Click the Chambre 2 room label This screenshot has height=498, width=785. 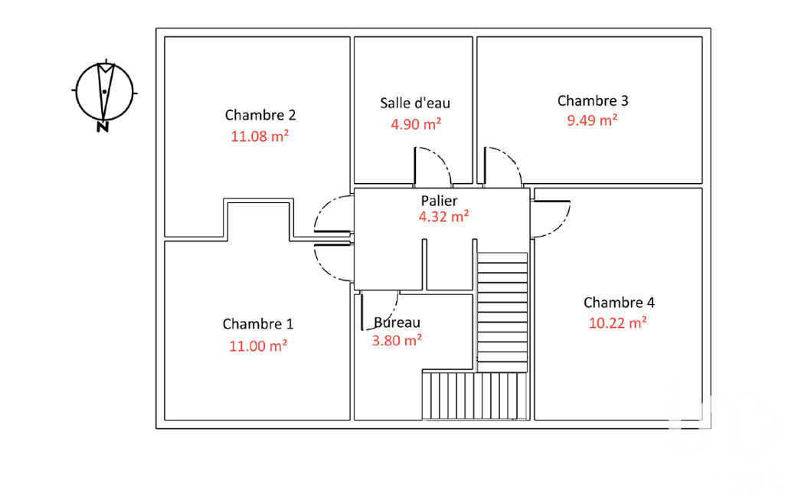260,115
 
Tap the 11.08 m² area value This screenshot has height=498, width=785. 260,136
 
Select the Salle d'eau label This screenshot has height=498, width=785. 415,103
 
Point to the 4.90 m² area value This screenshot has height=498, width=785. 416,124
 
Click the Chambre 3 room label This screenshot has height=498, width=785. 593,100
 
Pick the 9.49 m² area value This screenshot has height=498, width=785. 592,120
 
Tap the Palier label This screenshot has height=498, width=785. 439,201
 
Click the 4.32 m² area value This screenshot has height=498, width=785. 444,216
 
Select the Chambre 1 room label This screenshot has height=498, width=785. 258,324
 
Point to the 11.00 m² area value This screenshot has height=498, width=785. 258,346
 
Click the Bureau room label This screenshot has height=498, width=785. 397,323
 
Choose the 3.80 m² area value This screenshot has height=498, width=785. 397,341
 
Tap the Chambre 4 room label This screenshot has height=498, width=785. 619,303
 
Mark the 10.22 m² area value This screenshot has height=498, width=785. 618,323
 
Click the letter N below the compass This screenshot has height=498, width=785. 103,126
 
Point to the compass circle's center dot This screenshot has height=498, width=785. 104,92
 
